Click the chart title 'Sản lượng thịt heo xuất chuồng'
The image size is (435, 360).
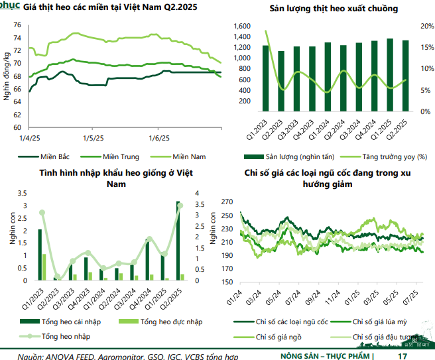click(324, 9)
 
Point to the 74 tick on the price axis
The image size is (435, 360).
click(17, 37)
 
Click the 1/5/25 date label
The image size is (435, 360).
click(92, 137)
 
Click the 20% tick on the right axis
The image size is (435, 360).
click(426, 26)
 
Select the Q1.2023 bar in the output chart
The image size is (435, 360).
click(265, 78)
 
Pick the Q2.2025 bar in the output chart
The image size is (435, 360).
click(405, 76)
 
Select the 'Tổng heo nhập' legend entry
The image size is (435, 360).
click(66, 336)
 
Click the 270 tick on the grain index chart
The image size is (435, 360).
click(226, 201)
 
